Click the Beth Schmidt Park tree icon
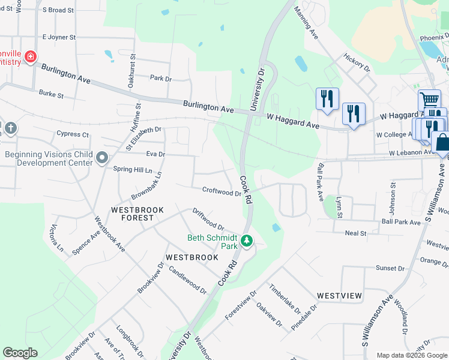click(x=246, y=241)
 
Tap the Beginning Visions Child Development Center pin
click(x=102, y=158)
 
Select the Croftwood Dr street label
click(x=221, y=193)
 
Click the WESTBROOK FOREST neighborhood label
click(x=133, y=214)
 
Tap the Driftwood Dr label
click(x=208, y=220)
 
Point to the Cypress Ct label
click(x=72, y=134)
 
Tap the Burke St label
click(x=51, y=94)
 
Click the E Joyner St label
click(x=59, y=37)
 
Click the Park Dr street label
click(x=161, y=79)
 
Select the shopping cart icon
click(x=429, y=100)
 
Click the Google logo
click(x=20, y=353)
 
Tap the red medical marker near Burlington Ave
click(x=29, y=57)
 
